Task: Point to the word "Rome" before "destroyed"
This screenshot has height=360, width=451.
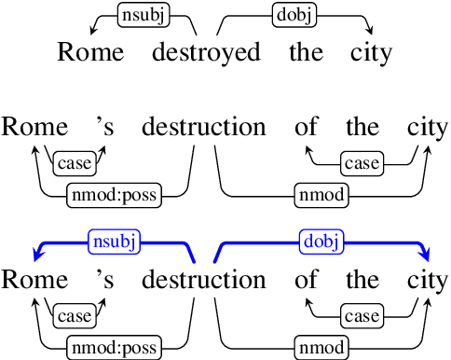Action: click(90, 51)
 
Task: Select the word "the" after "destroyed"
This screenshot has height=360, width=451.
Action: click(306, 51)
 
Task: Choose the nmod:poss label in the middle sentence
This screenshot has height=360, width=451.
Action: click(114, 195)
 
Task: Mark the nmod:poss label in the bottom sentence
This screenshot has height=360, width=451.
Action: click(114, 348)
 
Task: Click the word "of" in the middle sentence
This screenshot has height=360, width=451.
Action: click(306, 128)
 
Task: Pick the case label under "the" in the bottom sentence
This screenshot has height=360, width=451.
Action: click(361, 317)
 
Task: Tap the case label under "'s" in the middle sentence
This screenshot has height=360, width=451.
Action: click(75, 164)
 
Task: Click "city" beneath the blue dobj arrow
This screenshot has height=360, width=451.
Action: click(428, 280)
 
